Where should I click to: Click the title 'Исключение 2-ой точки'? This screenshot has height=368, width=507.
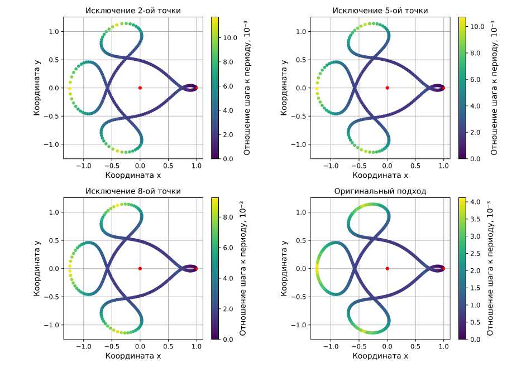pos(133,11)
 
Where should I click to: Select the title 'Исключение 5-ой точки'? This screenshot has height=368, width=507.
pos(380,11)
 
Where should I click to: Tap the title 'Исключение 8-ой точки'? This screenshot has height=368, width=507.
pos(133,191)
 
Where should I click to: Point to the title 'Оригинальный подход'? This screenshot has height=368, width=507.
pos(380,191)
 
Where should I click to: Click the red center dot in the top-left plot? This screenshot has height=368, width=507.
pos(140,88)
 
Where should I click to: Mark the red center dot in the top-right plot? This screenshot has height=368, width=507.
pos(388,88)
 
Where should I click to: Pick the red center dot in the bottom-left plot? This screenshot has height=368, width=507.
pos(140,268)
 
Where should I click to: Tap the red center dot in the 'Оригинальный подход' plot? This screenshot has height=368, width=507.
pos(388,268)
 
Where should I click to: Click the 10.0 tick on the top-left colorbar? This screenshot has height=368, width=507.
pos(231,37)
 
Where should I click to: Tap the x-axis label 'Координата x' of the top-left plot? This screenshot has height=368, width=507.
pos(133,175)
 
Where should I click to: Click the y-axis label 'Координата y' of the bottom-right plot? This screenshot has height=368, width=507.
pos(285,268)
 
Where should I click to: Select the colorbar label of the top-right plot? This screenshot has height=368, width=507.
pos(494,88)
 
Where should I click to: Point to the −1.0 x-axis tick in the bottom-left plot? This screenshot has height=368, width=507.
pos(84,346)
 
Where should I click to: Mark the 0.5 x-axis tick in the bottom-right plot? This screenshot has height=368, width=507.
pos(415,346)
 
